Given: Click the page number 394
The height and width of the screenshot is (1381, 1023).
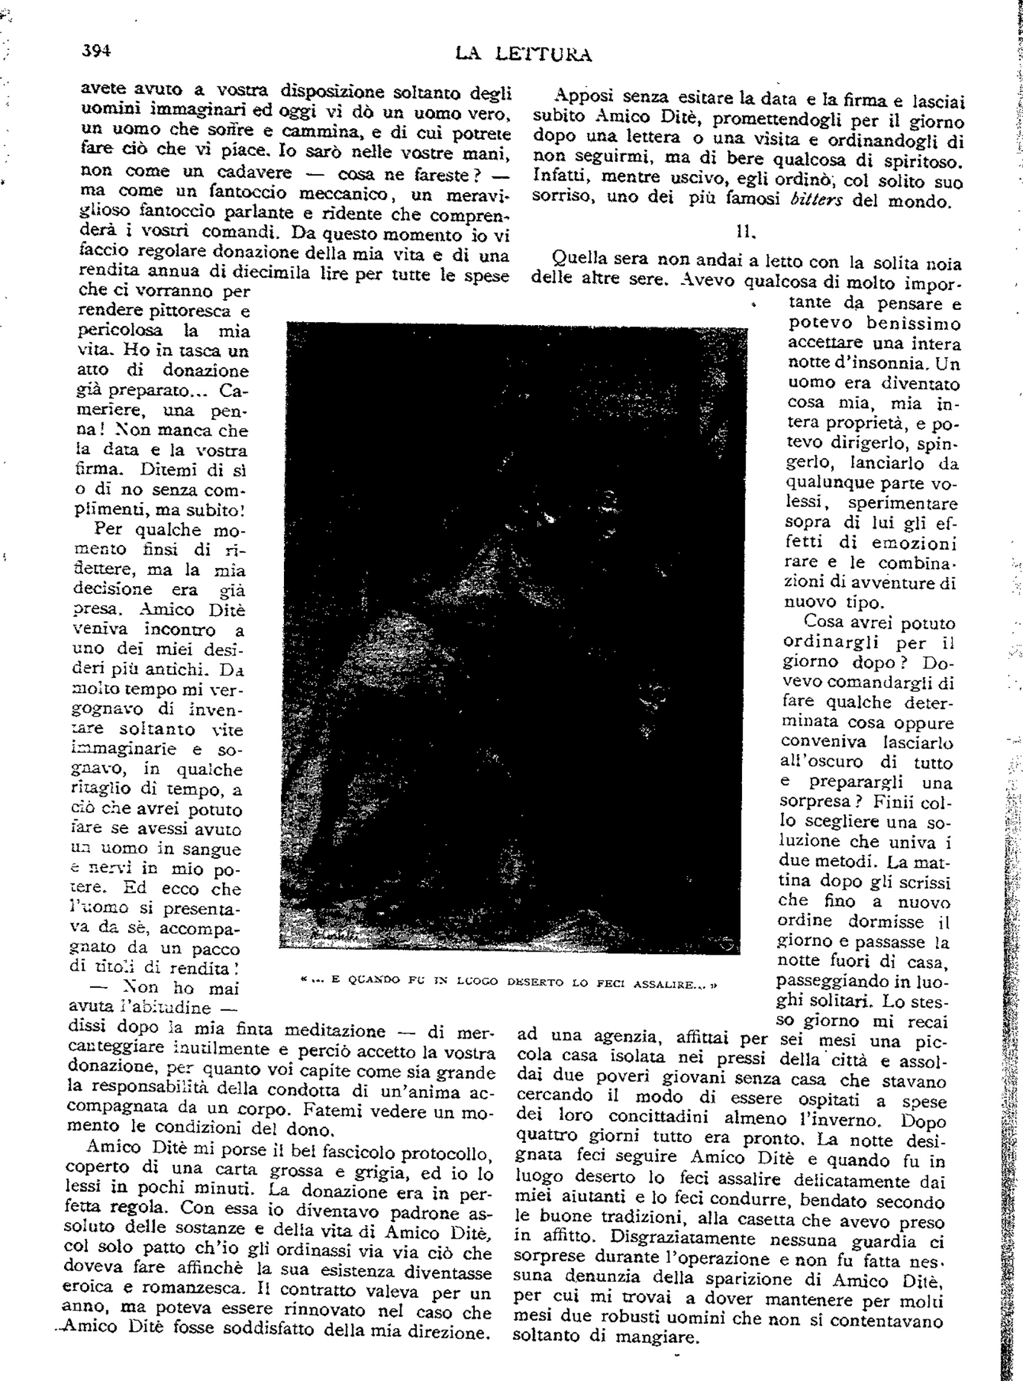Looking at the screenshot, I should (96, 49).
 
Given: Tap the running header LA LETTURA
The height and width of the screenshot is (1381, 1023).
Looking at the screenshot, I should (523, 55).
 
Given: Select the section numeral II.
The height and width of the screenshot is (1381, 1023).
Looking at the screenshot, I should (745, 232).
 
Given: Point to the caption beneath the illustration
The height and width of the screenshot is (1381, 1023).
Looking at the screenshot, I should (508, 982).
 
